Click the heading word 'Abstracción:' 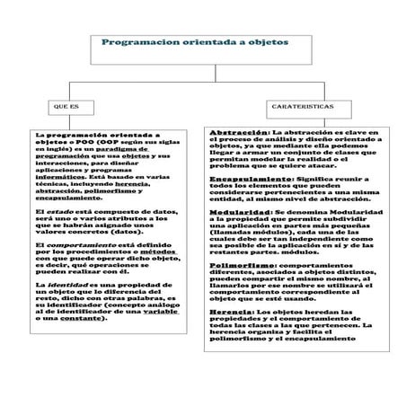(x=238, y=132)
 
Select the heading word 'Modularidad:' (x=237, y=212)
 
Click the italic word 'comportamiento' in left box (x=75, y=245)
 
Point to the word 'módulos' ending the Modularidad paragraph (x=288, y=252)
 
